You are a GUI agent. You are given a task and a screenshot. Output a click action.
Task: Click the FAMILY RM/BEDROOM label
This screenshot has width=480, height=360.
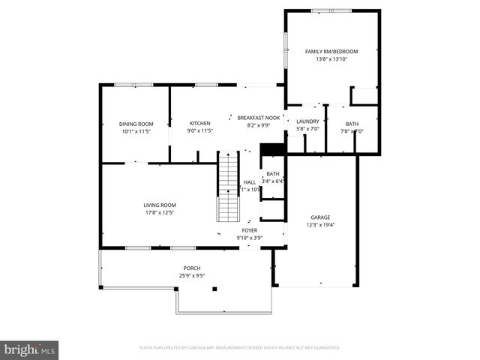coord(331,52)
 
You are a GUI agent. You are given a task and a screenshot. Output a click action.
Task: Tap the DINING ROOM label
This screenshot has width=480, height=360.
coord(136,124)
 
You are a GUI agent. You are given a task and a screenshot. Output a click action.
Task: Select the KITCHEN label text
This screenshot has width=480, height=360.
coord(199,123)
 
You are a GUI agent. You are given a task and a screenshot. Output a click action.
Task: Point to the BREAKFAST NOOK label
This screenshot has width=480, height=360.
coord(258,118)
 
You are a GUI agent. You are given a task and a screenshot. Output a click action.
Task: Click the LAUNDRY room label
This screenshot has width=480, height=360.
coord(307,121)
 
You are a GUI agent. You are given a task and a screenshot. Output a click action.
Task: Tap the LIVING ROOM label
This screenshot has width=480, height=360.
coord(160,205)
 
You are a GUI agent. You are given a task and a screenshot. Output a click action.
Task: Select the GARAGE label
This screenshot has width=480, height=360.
coord(320,217)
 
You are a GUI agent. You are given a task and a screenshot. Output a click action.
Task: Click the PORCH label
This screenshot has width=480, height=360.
coord(192,268)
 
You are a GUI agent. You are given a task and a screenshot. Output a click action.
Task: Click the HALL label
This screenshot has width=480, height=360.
coord(250,182)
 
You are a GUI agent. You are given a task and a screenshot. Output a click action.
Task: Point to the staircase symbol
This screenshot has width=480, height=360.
coord(228,187)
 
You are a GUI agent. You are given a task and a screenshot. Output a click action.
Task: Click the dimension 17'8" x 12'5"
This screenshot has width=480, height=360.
coord(160,212)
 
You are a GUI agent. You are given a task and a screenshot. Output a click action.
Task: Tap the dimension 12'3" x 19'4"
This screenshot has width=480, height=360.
coord(320,225)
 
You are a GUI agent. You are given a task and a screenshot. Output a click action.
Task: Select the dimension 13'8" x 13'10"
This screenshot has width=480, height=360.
coord(331,59)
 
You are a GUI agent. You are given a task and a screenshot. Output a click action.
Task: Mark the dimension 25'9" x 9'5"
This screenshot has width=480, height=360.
coord(192,276)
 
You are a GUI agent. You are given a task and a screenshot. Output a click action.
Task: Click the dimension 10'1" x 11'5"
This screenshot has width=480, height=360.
coord(136,131)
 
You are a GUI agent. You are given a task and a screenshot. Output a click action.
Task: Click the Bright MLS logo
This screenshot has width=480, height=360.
coord(29,349)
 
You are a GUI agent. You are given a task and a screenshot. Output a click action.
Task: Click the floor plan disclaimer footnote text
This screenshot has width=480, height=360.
coord(240,348)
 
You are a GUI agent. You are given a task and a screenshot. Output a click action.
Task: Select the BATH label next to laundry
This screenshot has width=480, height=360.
coord(352,124)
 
